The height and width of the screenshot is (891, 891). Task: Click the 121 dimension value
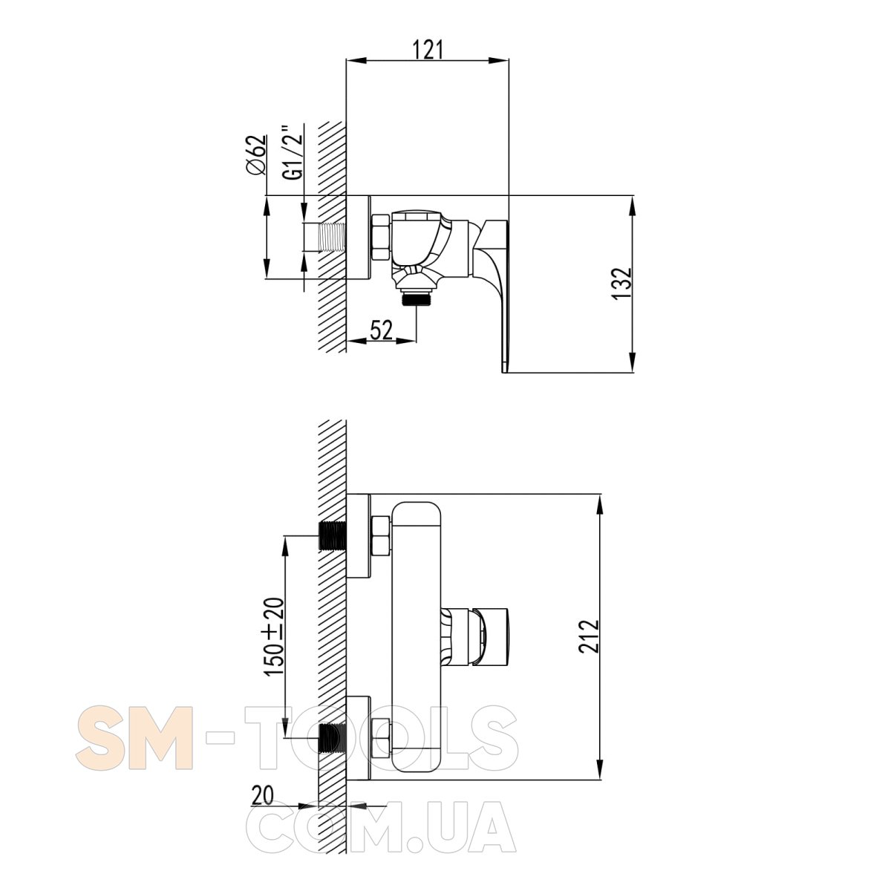[x=428, y=50]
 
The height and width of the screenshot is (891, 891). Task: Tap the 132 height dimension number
[x=622, y=283]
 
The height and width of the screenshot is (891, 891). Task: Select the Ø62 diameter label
[x=257, y=155]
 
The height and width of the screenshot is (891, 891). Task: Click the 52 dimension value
[x=382, y=330]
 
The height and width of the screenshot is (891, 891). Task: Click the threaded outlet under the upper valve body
[x=417, y=300]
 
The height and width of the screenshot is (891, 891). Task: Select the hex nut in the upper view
[x=382, y=237]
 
